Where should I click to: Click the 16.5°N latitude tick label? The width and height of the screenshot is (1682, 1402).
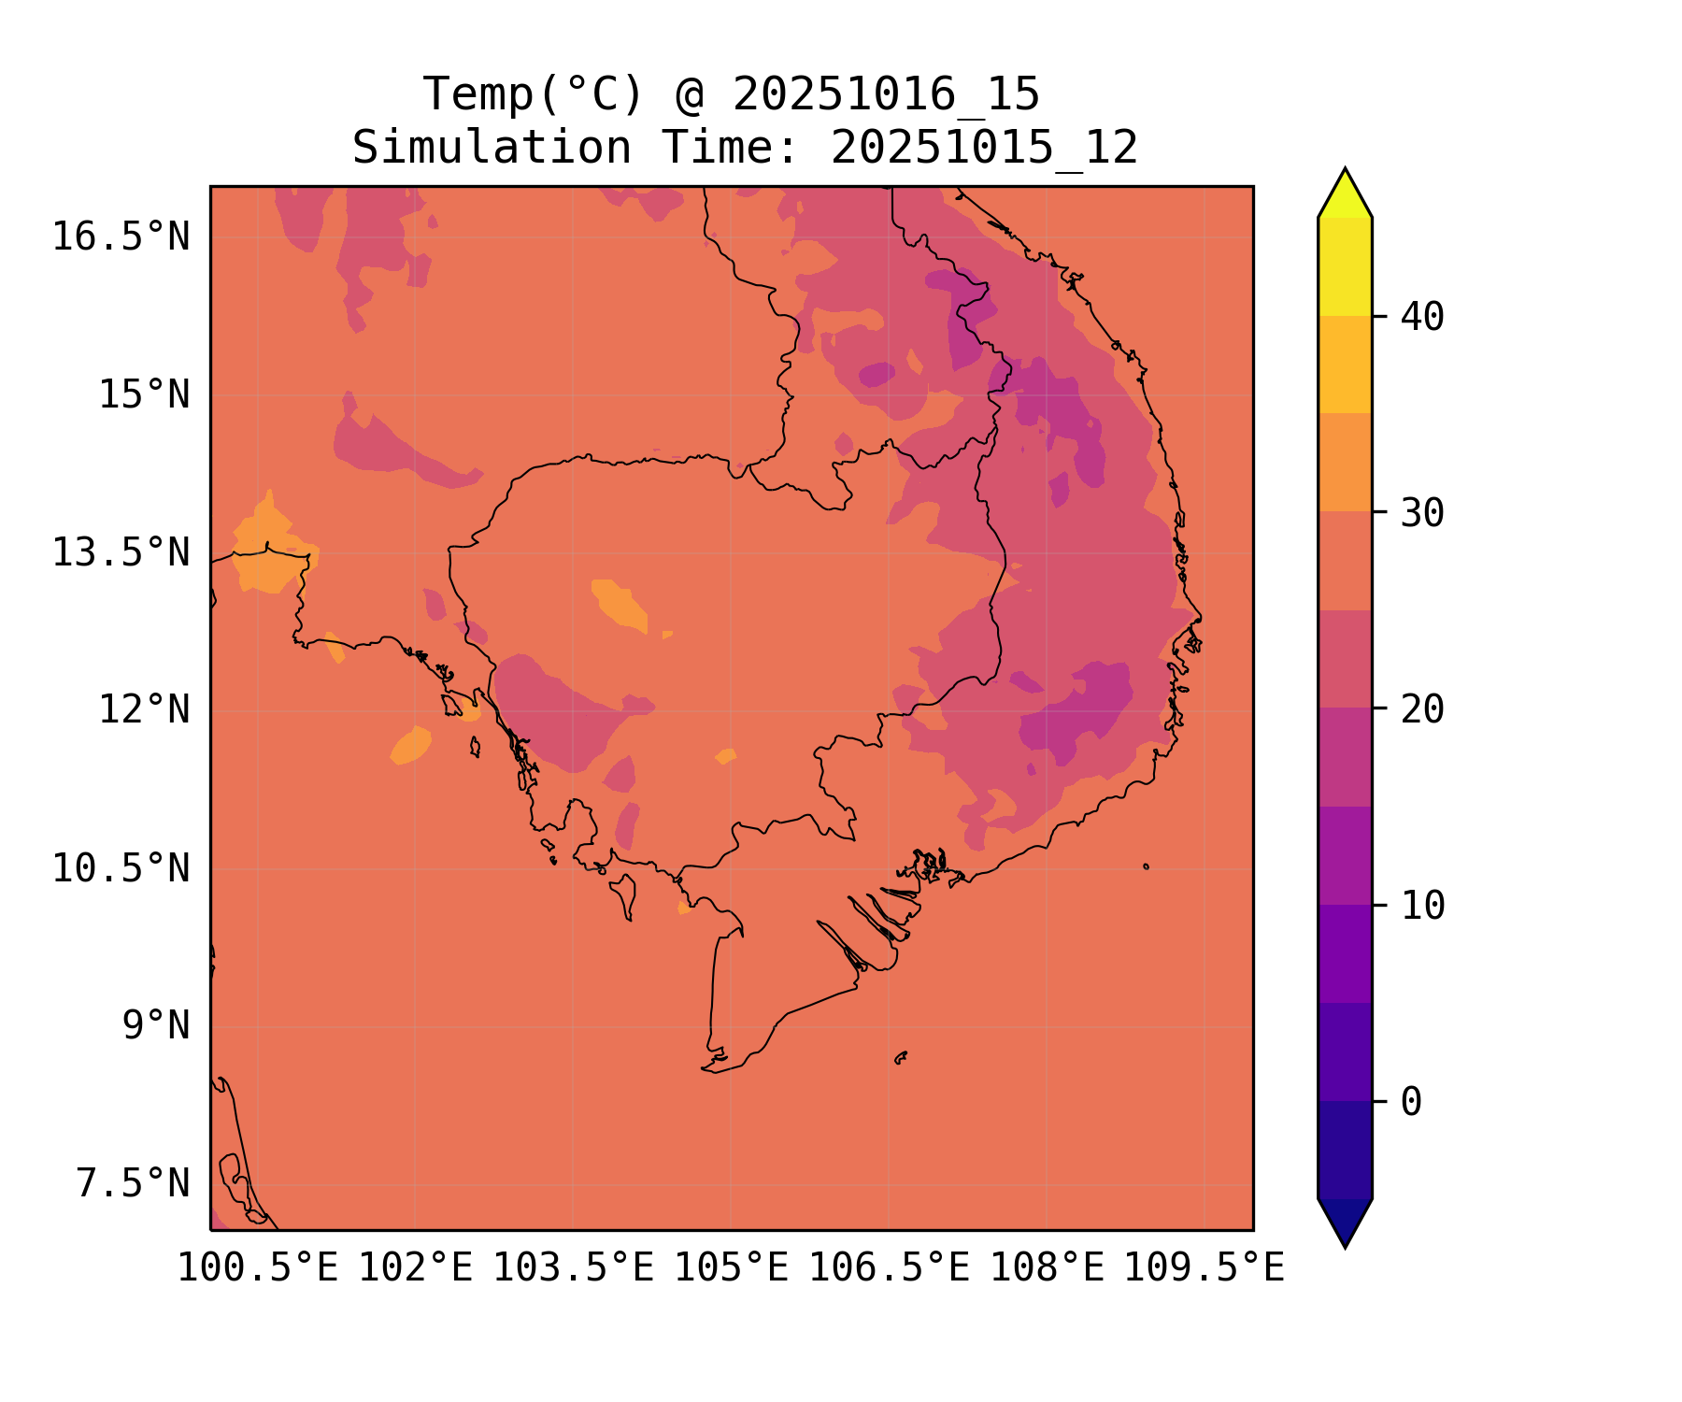point(121,237)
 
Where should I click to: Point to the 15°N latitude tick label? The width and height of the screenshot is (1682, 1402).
point(144,395)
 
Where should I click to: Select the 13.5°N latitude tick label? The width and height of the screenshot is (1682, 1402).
point(121,553)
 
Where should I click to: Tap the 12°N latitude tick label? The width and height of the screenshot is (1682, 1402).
point(144,710)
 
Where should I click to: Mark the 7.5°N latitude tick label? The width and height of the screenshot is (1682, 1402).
point(133,1184)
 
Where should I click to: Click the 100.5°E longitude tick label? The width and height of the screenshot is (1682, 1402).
point(258,1268)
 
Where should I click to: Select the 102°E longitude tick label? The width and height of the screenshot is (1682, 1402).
point(416,1268)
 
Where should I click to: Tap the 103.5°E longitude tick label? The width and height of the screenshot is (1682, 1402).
point(573,1268)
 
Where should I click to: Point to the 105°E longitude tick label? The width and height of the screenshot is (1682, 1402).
point(731,1268)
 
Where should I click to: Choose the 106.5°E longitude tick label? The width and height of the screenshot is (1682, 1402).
point(889,1268)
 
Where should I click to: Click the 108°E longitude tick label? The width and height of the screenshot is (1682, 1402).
point(1047,1268)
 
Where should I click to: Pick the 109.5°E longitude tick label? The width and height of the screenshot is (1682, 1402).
point(1204,1268)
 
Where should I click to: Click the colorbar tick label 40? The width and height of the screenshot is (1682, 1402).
point(1422,317)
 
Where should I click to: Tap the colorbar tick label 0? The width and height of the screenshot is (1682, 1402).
point(1411,1103)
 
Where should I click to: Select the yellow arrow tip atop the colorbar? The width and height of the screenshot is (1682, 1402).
point(1345,192)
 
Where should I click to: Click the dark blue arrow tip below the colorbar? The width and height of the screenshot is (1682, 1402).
point(1345,1224)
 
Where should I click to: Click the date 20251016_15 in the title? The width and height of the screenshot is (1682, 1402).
point(886,94)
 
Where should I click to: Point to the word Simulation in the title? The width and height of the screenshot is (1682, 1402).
point(492,148)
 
